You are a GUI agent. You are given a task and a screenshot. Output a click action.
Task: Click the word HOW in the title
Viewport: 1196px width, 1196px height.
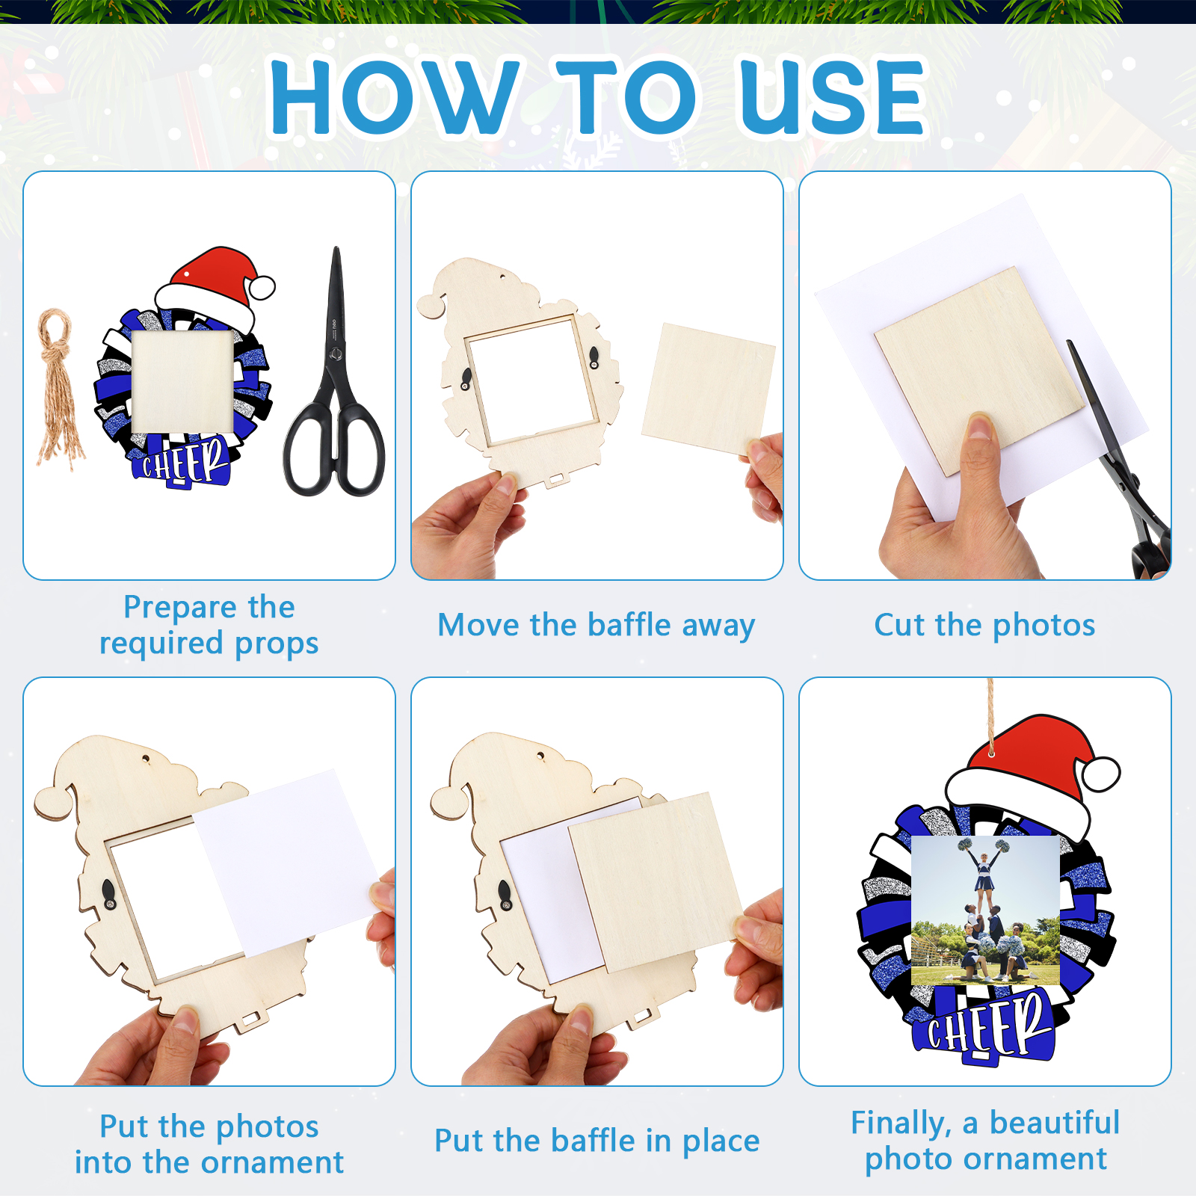(x=395, y=97)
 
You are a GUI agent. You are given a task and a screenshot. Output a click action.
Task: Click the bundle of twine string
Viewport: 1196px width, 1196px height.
(x=59, y=389)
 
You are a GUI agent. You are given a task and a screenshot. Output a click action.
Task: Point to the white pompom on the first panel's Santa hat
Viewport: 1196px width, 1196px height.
(x=262, y=288)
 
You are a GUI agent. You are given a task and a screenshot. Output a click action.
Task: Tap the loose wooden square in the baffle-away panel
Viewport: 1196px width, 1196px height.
(x=708, y=389)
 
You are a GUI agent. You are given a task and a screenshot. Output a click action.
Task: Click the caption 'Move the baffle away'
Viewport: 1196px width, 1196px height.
(x=597, y=626)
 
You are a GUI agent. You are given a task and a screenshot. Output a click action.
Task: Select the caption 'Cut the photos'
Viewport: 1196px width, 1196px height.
(x=984, y=625)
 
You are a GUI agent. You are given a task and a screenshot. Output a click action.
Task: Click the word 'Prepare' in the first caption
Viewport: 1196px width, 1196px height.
(x=177, y=608)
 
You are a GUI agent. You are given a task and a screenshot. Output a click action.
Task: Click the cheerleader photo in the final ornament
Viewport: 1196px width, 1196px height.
(x=985, y=910)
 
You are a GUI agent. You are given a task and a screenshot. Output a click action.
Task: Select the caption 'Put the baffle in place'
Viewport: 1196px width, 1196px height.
(x=597, y=1141)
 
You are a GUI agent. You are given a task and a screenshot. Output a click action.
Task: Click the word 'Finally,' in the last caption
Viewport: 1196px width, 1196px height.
(x=901, y=1123)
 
